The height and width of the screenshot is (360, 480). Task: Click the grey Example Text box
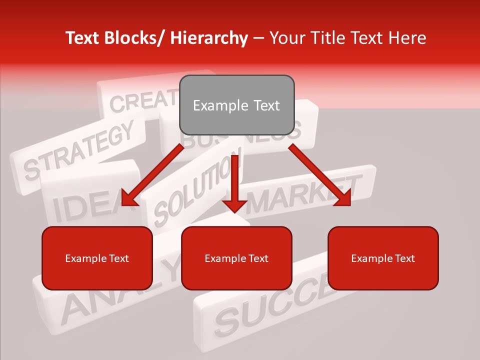pos(236,105)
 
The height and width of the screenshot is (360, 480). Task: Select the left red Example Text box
pos(97,258)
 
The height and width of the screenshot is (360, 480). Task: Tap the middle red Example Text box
pos(236,258)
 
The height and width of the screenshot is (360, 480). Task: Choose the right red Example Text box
pos(383,258)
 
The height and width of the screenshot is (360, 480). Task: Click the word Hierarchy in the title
pos(209,38)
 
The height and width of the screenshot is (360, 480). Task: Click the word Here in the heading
pos(407,38)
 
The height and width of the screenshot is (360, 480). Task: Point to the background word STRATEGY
pos(80,150)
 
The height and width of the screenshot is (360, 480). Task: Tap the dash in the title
pos(258,38)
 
